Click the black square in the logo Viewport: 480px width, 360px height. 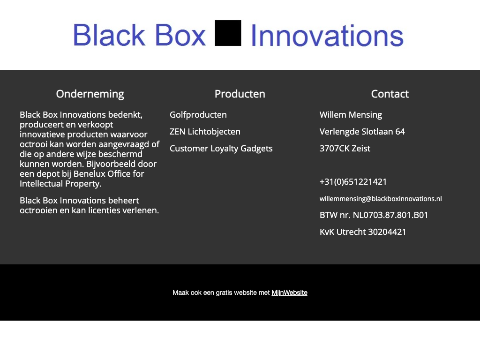click(x=228, y=33)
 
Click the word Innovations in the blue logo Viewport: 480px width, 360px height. click(x=327, y=36)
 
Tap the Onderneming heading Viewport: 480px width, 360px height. click(x=90, y=94)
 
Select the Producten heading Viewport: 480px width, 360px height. click(x=240, y=94)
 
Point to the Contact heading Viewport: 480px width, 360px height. click(x=390, y=94)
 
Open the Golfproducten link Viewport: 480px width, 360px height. click(x=198, y=115)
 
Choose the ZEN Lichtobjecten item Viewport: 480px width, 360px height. click(x=205, y=132)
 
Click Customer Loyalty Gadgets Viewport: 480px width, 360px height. click(x=221, y=149)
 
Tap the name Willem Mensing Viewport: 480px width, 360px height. click(x=351, y=115)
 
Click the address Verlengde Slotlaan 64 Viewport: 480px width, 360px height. click(x=362, y=132)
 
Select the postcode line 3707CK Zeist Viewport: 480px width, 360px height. click(x=345, y=149)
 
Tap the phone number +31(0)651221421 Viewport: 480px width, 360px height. click(x=353, y=182)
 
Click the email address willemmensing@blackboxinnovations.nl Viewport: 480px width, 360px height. click(x=381, y=199)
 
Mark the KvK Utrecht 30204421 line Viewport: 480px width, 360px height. click(x=363, y=232)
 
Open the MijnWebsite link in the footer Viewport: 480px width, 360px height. click(x=289, y=293)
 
